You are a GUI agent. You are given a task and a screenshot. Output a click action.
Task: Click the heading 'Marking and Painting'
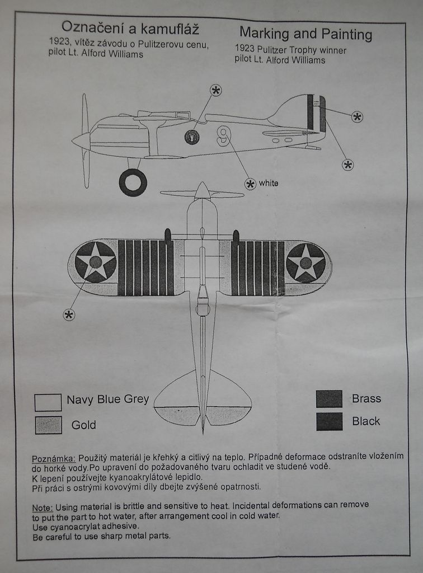(x=305, y=34)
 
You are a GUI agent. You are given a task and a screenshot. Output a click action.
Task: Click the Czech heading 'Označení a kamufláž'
(x=130, y=27)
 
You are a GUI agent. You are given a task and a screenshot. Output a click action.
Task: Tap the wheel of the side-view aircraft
(x=133, y=182)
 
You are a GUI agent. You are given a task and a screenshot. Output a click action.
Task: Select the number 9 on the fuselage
(x=224, y=135)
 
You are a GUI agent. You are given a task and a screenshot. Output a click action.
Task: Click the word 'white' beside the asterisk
(x=269, y=183)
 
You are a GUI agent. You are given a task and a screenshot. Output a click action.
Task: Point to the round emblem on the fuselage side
(x=192, y=137)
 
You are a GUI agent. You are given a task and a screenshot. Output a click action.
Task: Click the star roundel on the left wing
(x=96, y=261)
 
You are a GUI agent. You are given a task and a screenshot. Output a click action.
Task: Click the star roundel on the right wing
(x=305, y=262)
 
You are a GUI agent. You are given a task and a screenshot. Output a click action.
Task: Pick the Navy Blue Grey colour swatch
(x=48, y=402)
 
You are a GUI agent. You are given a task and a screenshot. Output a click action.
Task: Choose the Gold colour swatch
(x=48, y=425)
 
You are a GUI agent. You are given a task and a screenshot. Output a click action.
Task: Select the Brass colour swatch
(x=329, y=399)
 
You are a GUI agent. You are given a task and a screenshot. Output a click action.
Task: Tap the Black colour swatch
(x=329, y=421)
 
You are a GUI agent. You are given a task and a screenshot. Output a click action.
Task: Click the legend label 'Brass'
(x=366, y=399)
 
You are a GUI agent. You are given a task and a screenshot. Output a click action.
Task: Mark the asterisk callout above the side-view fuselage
(x=216, y=90)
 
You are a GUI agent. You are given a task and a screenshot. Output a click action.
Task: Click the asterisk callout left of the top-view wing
(x=69, y=314)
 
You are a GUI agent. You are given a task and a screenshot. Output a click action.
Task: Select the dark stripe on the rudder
(x=310, y=112)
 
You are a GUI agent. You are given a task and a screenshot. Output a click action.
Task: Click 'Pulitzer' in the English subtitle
(x=275, y=50)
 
